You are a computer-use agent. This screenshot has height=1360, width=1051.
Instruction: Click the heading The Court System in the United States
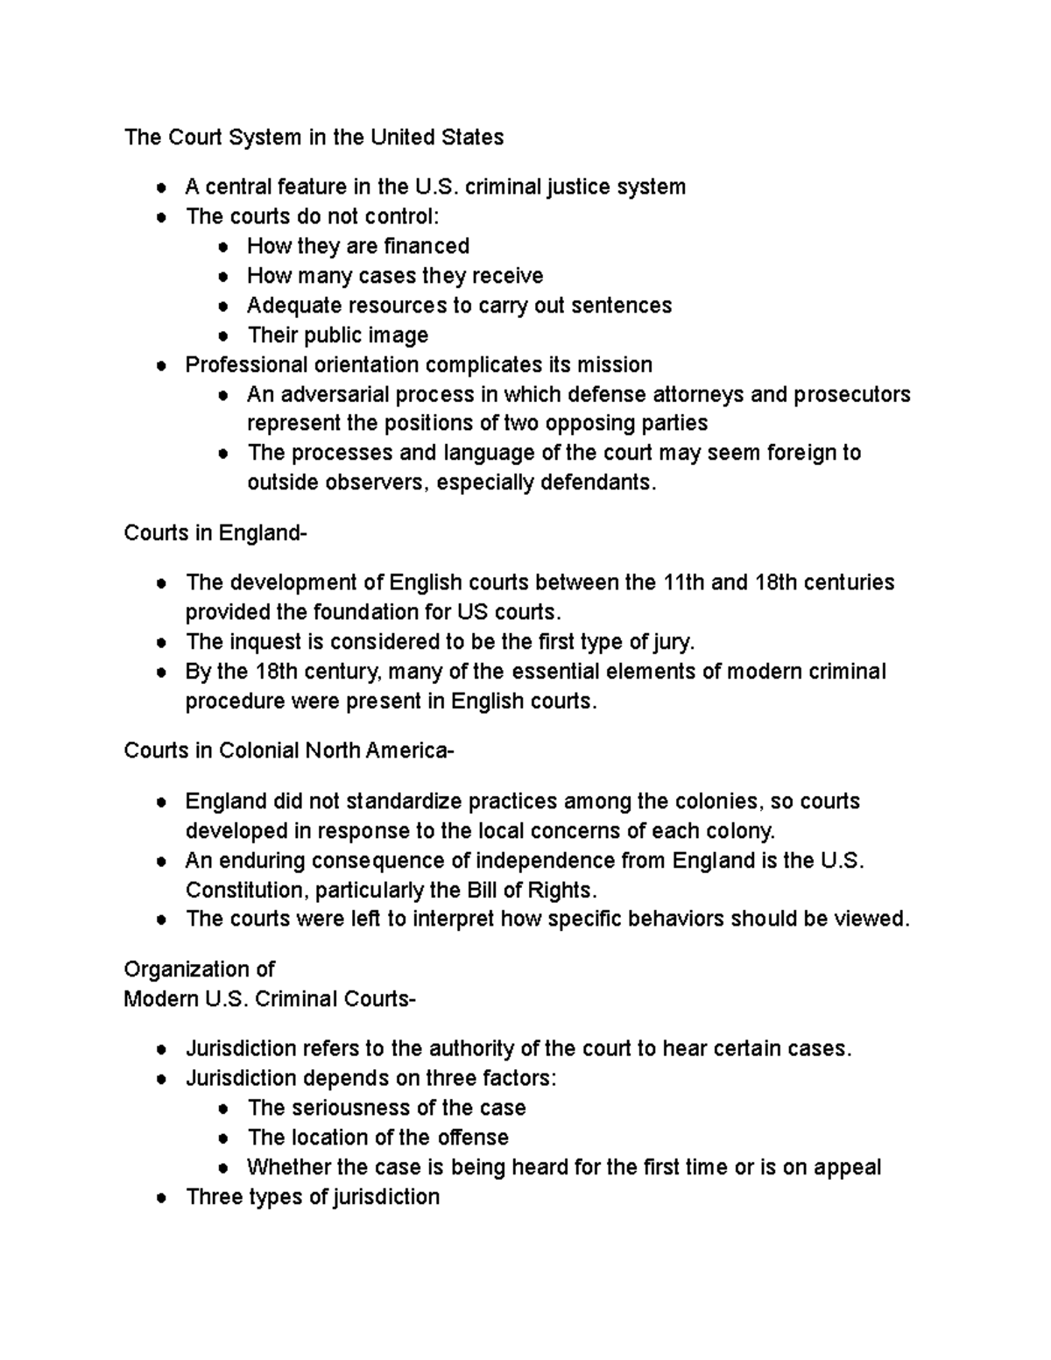tap(314, 137)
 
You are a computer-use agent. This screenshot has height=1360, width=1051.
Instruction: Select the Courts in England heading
tap(215, 532)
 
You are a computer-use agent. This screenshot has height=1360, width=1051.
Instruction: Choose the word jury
tap(674, 642)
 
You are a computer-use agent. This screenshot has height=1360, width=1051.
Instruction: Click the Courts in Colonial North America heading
tap(289, 750)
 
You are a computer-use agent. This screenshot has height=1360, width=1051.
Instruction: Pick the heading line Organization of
tap(199, 969)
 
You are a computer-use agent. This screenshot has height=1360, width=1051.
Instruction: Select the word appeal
tap(847, 1167)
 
